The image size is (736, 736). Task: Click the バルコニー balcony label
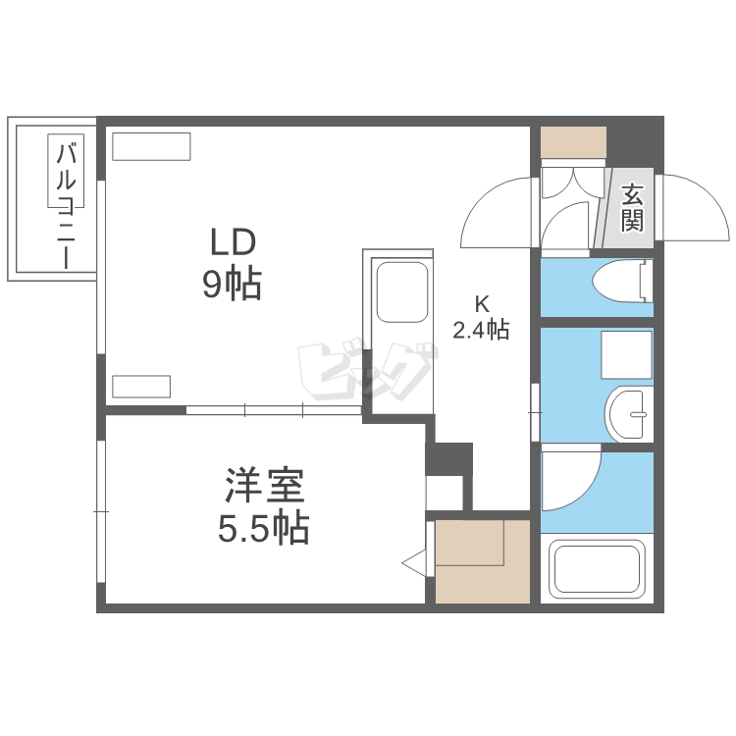(68, 204)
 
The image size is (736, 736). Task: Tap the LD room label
(232, 242)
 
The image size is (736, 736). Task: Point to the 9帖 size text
(232, 284)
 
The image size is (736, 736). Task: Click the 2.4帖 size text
(481, 330)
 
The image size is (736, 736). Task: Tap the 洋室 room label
(263, 486)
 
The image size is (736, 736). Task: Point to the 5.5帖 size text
(263, 530)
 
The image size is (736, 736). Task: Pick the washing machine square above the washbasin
(626, 356)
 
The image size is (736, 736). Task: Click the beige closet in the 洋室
(481, 561)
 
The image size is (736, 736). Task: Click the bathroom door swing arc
(571, 481)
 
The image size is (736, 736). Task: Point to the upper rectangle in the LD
(150, 146)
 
